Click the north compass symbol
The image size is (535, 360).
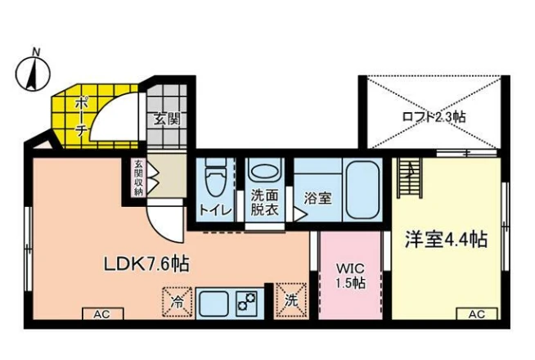click(33, 72)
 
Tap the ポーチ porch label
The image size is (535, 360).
click(82, 116)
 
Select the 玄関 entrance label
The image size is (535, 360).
click(167, 119)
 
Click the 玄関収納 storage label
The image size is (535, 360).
click(138, 178)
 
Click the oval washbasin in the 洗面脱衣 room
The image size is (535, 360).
click(265, 170)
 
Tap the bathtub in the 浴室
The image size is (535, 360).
click(362, 191)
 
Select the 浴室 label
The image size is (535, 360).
click(317, 198)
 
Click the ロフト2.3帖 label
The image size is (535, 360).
click(434, 117)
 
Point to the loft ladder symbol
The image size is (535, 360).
click(410, 178)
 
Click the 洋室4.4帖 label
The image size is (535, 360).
click(446, 239)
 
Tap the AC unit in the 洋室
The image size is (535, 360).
click(477, 313)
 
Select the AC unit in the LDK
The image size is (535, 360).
click(103, 313)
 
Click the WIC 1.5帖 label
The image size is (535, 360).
click(350, 276)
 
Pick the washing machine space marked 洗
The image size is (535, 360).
click(291, 300)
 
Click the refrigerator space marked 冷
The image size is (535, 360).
click(177, 301)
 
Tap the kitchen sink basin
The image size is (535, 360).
click(214, 304)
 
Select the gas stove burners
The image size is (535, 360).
click(247, 302)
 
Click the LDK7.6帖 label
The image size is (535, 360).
click(146, 263)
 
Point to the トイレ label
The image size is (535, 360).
click(216, 209)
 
